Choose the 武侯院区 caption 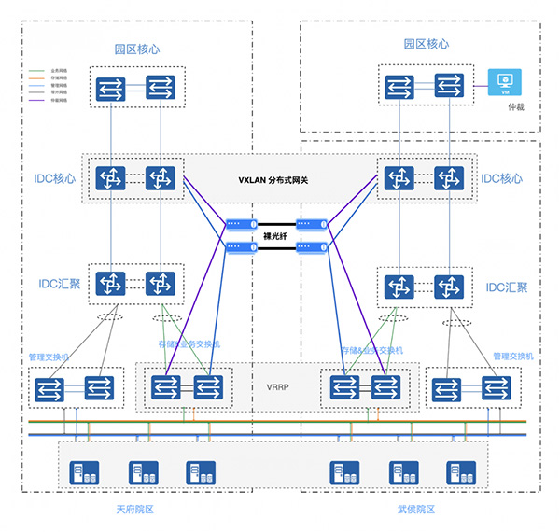[415, 510]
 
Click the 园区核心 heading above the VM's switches [427, 44]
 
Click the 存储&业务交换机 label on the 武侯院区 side [372, 350]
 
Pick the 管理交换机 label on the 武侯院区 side [513, 357]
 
